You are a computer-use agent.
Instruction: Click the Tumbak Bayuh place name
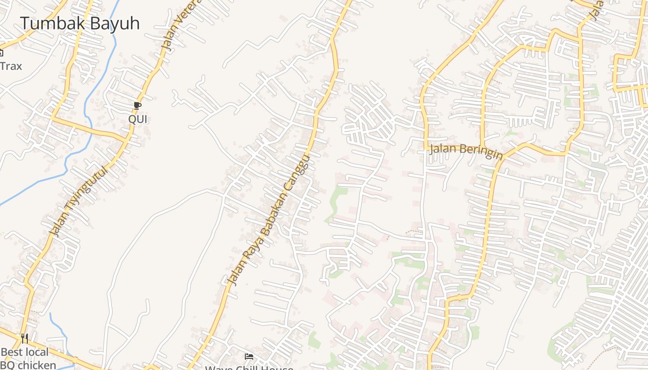point(79,23)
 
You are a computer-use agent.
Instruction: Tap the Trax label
point(11,66)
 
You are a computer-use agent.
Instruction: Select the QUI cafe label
point(137,119)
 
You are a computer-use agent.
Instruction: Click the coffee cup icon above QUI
point(137,106)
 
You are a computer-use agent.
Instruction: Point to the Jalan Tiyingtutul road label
point(80,202)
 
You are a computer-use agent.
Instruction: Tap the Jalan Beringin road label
point(466,151)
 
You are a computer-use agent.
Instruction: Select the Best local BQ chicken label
point(28,358)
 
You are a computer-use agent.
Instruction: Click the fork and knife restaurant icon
point(25,339)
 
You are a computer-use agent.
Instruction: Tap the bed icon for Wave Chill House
point(249,357)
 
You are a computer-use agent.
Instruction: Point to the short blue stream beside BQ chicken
point(58,331)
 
